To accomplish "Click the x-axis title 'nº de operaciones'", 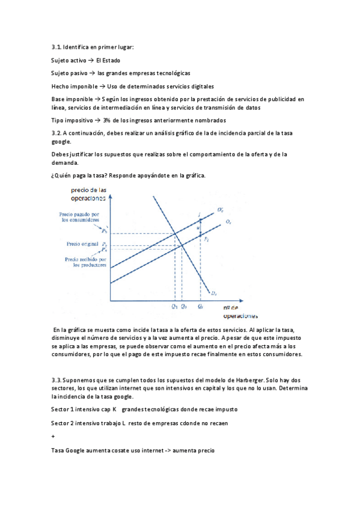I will click(240, 312).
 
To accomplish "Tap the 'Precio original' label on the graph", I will click(81, 244).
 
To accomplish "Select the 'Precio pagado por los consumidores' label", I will click(84, 217).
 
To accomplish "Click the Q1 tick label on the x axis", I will click(174, 306).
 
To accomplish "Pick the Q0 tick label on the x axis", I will click(183, 306).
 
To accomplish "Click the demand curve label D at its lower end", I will click(214, 293).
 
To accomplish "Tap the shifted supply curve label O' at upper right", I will click(221, 210).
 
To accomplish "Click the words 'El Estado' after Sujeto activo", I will click(108, 60).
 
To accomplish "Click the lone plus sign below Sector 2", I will click(53, 437).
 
